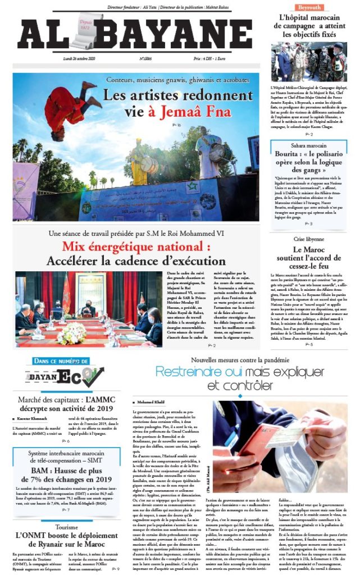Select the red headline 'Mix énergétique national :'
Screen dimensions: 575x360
click(x=136, y=247)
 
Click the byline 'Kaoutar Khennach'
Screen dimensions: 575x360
click(x=39, y=419)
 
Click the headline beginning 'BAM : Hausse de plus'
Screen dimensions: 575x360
click(x=66, y=475)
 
